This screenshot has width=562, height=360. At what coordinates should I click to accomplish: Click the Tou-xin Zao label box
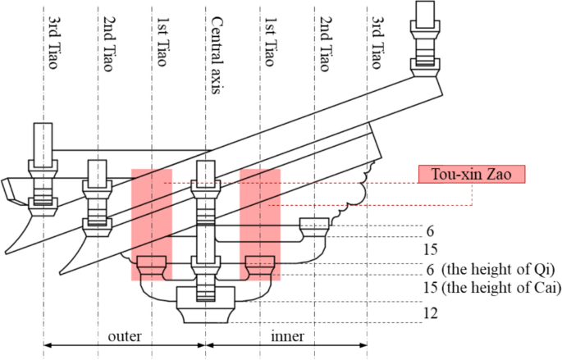[x=470, y=174]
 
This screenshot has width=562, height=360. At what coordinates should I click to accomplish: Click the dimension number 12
[x=431, y=313]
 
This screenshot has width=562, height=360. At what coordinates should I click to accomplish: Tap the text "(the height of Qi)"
[x=498, y=270]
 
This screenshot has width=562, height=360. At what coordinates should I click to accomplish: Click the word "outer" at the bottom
[x=125, y=335]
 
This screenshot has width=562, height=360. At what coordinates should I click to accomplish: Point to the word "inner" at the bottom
[x=286, y=335]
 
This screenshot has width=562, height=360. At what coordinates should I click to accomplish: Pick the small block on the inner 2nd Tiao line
[x=314, y=224]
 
